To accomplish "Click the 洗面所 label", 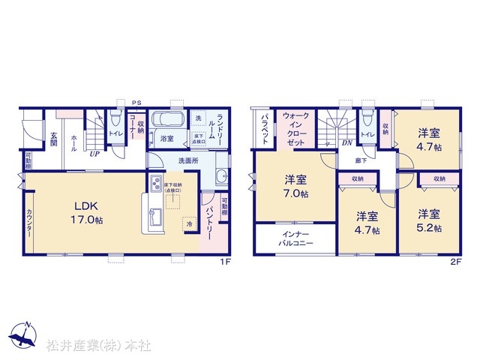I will tap(188, 160).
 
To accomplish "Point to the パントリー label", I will tap(208, 223).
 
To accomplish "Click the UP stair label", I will tap(95, 154).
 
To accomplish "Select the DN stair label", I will tap(346, 142).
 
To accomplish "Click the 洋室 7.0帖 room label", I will tap(295, 186).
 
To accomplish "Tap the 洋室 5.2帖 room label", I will tap(429, 220).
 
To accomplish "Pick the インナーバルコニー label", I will tap(295, 238).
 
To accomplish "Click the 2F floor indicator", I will tap(454, 262).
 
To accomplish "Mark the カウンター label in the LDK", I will tap(30, 223).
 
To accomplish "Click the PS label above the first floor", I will tap(136, 102).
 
